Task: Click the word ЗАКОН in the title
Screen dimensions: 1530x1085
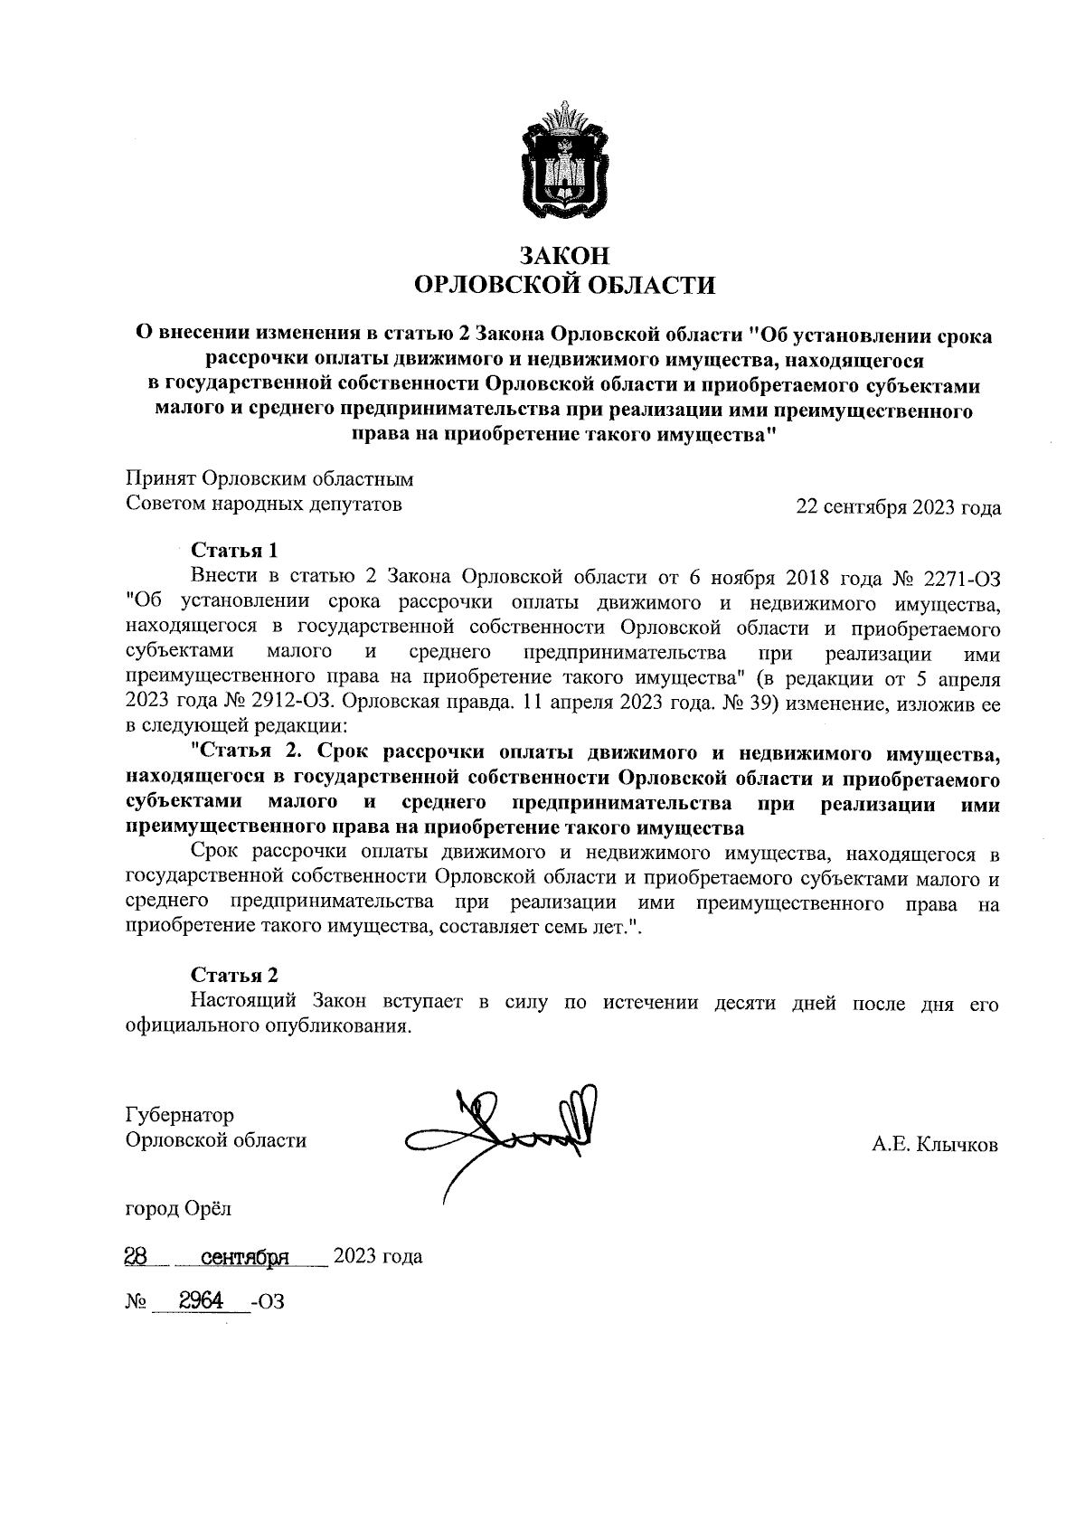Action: point(563,255)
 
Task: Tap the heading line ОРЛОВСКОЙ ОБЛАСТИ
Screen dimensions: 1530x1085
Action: point(563,286)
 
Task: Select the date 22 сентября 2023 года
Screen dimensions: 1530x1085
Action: point(897,507)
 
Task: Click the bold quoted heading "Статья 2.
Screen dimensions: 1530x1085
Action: point(255,751)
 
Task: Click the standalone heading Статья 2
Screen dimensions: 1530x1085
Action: point(233,975)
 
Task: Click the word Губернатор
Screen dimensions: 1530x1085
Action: point(180,1115)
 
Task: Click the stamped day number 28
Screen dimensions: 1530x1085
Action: point(137,1256)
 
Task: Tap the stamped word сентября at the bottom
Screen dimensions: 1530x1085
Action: point(243,1257)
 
